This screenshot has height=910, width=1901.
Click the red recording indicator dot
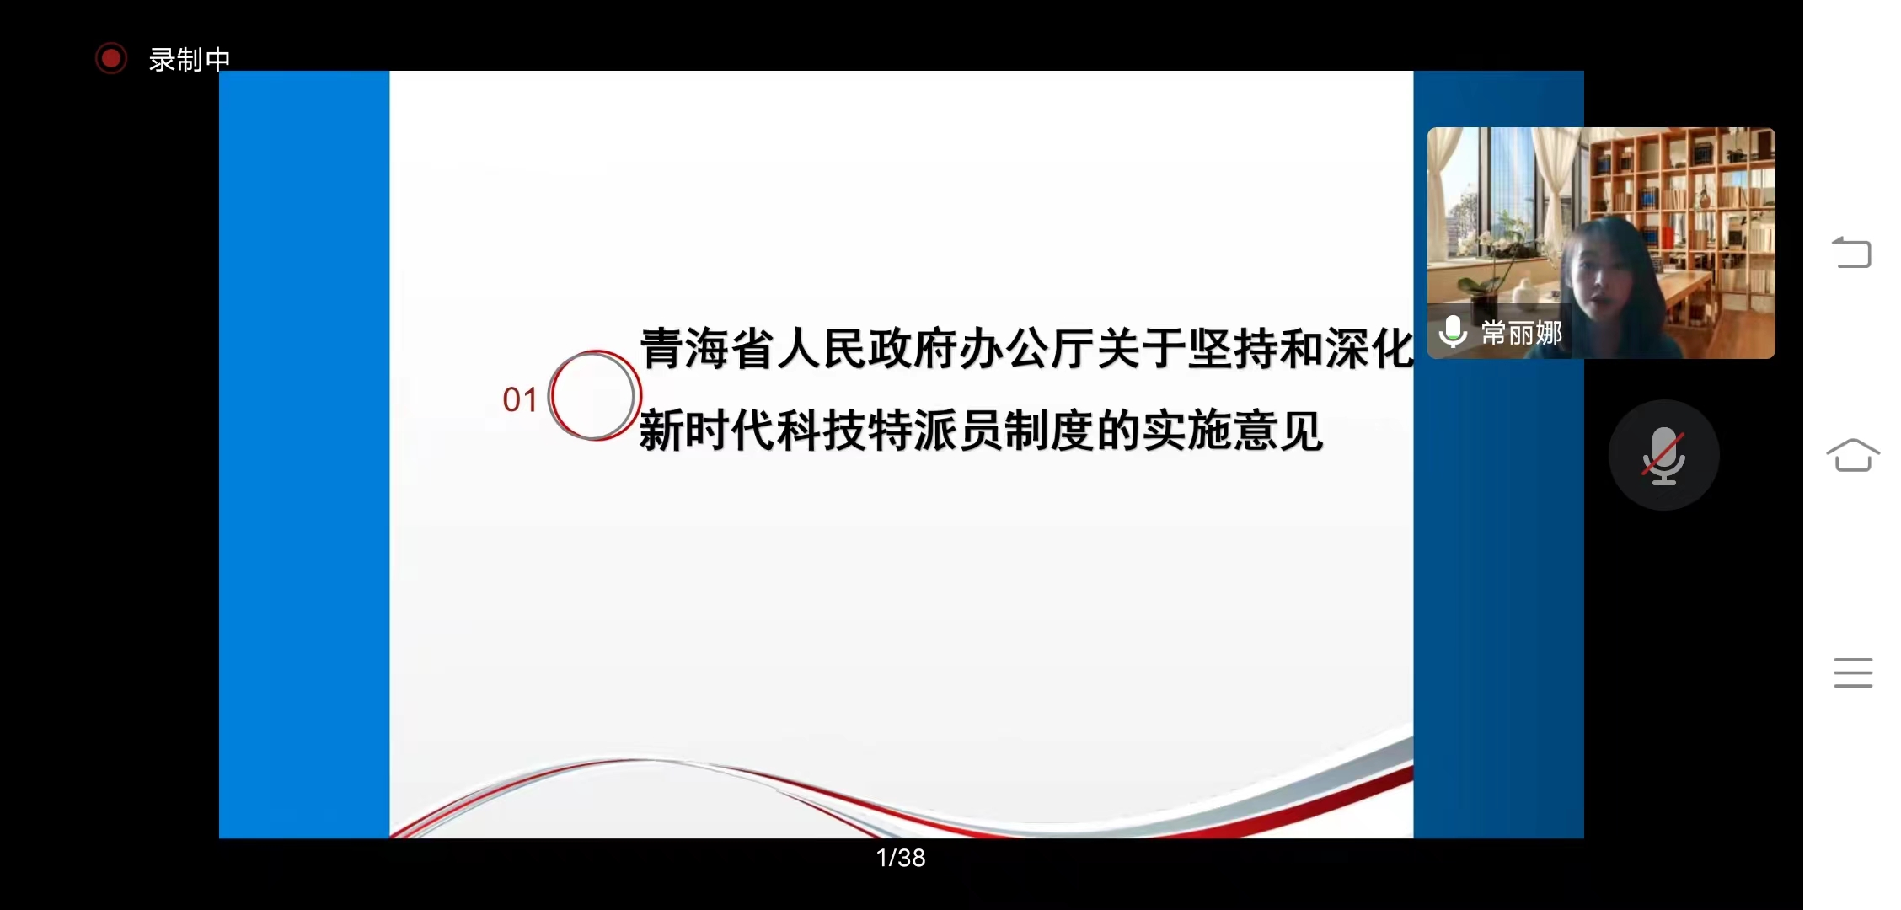(x=110, y=59)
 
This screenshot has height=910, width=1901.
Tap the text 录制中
(x=190, y=60)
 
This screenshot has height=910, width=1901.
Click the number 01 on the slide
(x=520, y=399)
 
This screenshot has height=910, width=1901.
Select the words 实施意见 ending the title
(x=1232, y=431)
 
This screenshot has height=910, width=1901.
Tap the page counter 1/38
(x=901, y=858)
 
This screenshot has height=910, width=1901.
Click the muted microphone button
(x=1663, y=455)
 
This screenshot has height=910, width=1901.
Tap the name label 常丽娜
(x=1522, y=333)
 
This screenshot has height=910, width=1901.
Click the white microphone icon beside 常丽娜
(x=1453, y=332)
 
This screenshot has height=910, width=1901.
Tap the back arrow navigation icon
(x=1852, y=251)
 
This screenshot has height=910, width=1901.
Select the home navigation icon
(x=1853, y=455)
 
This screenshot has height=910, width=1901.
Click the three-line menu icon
(x=1853, y=672)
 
